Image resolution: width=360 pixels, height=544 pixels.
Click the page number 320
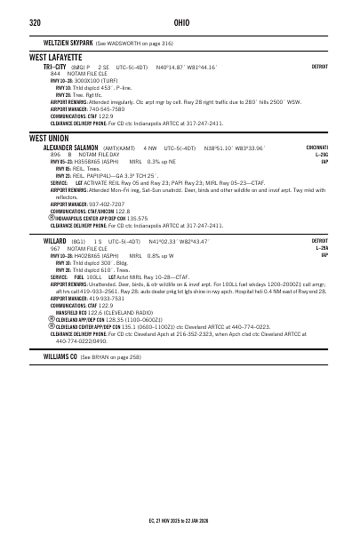[35, 22]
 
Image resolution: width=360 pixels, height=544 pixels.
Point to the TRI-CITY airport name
[55, 67]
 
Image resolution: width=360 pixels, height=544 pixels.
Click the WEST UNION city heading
[49, 139]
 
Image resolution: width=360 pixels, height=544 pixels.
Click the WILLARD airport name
[54, 241]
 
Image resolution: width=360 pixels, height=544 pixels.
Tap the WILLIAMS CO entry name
[60, 356]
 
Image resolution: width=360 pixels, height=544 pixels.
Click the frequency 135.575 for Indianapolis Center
[138, 218]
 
